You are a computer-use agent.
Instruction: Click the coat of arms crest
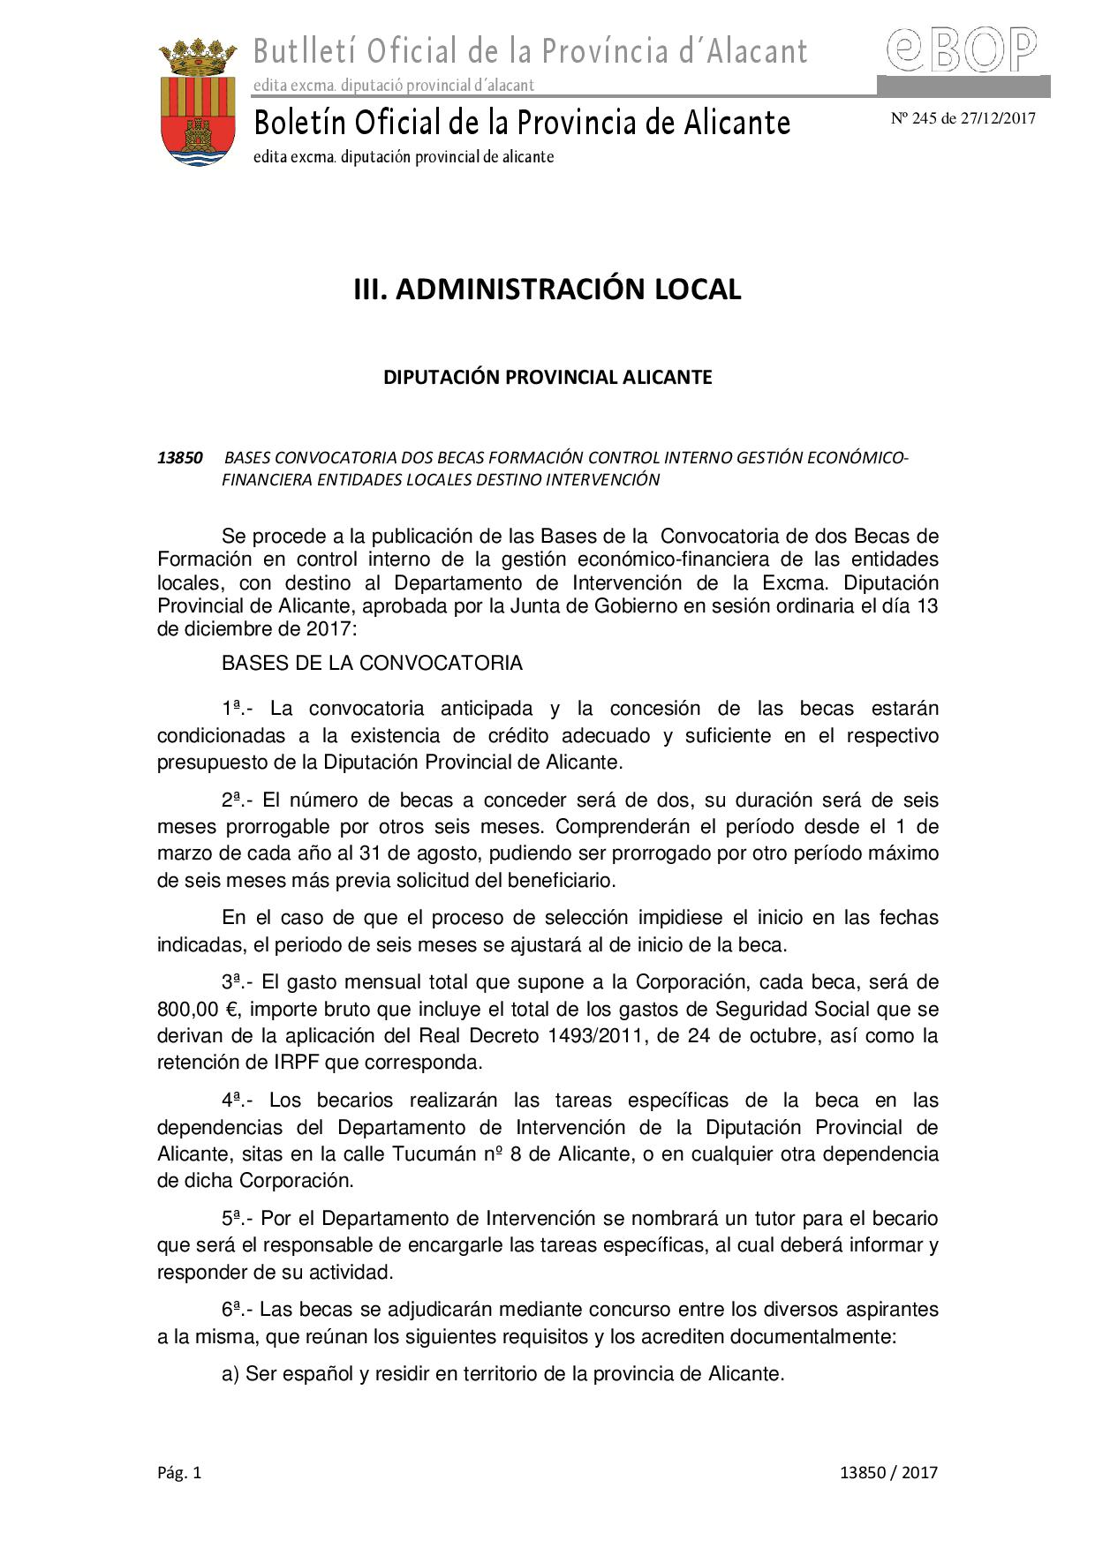[x=198, y=103]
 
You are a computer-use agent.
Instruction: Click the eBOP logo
[x=962, y=49]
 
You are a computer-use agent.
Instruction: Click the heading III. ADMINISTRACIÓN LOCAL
[x=547, y=289]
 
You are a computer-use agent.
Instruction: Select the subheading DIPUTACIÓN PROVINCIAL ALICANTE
[x=547, y=377]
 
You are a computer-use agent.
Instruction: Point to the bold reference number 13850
[x=180, y=458]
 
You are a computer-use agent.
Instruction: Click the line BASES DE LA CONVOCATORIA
[x=372, y=663]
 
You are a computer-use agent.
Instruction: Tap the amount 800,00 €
[x=194, y=1009]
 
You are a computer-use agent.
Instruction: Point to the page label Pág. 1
[x=179, y=1472]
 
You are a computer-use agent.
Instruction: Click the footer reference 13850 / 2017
[x=888, y=1472]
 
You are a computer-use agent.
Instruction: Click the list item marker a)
[x=230, y=1374]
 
